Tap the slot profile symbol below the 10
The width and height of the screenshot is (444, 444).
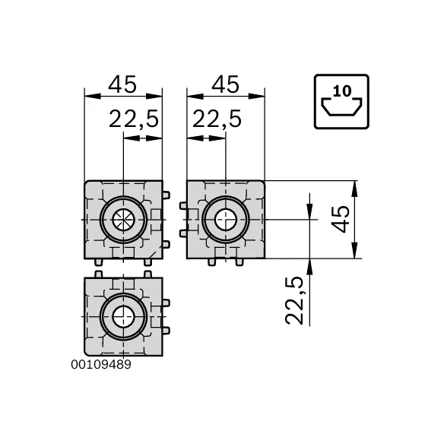(x=340, y=109)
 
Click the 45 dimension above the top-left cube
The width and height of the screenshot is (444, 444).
(x=122, y=84)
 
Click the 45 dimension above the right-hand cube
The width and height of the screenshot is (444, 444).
(x=225, y=84)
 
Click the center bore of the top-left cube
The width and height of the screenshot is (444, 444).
(x=122, y=220)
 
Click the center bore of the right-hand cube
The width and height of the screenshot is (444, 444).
(x=225, y=220)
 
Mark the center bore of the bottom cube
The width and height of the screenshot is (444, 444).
(x=122, y=316)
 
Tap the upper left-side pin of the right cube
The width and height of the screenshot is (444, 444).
(x=182, y=206)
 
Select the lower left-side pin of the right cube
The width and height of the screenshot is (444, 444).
(x=182, y=233)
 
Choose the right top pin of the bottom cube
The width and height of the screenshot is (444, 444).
(x=147, y=273)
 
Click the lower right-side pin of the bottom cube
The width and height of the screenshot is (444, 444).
(x=166, y=329)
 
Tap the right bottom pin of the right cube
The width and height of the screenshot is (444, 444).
(x=240, y=262)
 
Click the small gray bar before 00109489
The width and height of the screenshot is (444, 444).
(x=68, y=364)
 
